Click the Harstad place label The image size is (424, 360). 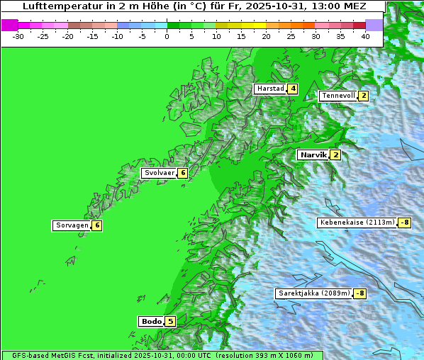pyautogui.click(x=270, y=89)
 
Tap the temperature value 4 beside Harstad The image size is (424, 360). pyautogui.click(x=292, y=89)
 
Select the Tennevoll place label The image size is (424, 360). pyautogui.click(x=337, y=96)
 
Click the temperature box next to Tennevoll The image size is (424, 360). pyautogui.click(x=363, y=96)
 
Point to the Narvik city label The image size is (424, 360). pyautogui.click(x=313, y=154)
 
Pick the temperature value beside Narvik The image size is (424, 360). pyautogui.click(x=335, y=154)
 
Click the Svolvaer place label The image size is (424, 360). pyautogui.click(x=159, y=173)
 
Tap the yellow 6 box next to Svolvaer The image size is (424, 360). pyautogui.click(x=182, y=173)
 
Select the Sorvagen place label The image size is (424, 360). pyautogui.click(x=72, y=225)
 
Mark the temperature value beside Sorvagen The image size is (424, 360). pyautogui.click(x=97, y=225)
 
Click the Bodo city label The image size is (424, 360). pyautogui.click(x=151, y=321)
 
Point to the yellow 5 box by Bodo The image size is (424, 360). pyautogui.click(x=170, y=321)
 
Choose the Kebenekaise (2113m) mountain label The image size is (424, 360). pyautogui.click(x=357, y=223)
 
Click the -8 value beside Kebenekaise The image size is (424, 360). pyautogui.click(x=404, y=223)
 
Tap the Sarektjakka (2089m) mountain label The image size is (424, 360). pyautogui.click(x=313, y=293)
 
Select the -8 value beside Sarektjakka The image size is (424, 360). pyautogui.click(x=360, y=293)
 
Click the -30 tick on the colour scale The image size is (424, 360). pyautogui.click(x=18, y=35)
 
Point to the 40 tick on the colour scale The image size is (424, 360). pyautogui.click(x=365, y=35)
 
